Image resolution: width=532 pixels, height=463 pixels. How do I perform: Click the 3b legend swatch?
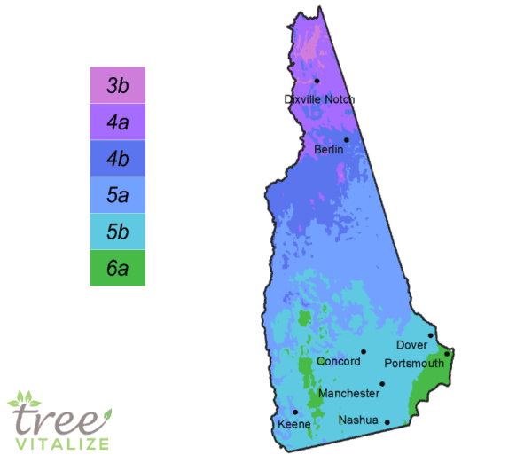117,86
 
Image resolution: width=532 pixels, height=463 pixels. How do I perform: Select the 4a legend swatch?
117,122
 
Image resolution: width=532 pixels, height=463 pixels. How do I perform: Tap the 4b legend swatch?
117,160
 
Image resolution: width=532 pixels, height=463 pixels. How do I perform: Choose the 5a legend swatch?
117,196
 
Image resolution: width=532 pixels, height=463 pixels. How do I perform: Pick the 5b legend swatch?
117,232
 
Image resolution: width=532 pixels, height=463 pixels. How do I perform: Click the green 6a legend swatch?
117,269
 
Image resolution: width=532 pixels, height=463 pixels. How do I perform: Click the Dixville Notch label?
319,99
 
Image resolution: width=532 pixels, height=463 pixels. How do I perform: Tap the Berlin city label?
329,150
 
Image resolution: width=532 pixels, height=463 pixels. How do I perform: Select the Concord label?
339,361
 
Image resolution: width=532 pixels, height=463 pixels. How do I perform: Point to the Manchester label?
348,392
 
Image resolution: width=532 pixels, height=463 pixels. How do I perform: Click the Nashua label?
359,420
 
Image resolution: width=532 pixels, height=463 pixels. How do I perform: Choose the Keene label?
294,424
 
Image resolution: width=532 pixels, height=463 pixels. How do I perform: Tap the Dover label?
411,344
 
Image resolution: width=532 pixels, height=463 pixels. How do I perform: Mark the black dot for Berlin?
347,140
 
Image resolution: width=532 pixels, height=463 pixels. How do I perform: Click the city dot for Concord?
363,352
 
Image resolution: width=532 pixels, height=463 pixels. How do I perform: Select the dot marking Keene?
295,412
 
